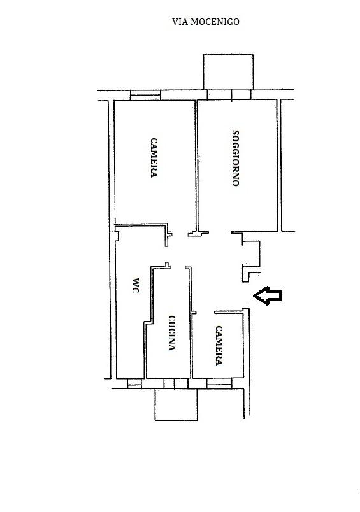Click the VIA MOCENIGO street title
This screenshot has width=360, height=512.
tap(206, 22)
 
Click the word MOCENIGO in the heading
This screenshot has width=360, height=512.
tap(215, 22)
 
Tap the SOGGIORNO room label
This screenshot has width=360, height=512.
tap(236, 158)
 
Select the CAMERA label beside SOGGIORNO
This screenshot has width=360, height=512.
tap(154, 157)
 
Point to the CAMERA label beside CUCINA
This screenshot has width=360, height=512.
tap(219, 345)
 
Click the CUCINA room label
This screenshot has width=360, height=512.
tap(172, 332)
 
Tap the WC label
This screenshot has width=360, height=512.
tap(135, 285)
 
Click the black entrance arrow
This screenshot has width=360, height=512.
tap(268, 295)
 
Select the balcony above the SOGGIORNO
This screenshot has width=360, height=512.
tap(228, 72)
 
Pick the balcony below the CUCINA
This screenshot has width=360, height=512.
tap(176, 404)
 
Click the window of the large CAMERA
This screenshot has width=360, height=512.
tap(145, 95)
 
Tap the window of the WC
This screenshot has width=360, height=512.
tap(134, 383)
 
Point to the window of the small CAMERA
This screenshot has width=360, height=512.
tap(219, 383)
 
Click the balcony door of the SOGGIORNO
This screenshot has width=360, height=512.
tap(229, 95)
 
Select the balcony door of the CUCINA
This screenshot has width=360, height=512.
tap(176, 383)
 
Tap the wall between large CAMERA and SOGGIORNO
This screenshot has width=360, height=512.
tap(196, 166)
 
